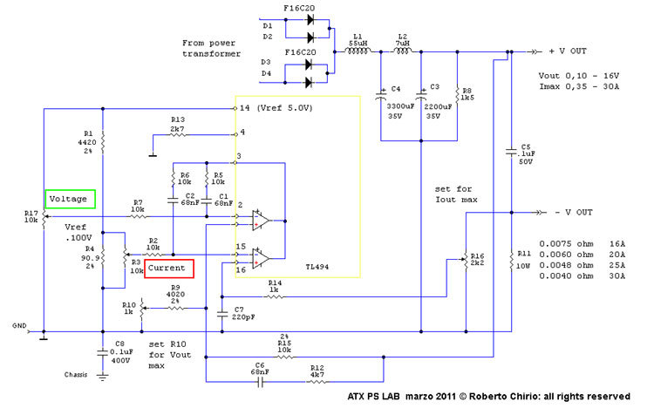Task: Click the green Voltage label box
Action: click(x=69, y=199)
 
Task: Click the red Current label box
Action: click(x=167, y=269)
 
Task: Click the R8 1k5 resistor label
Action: click(x=467, y=95)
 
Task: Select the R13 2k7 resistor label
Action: click(x=178, y=124)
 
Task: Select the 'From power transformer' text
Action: click(x=213, y=47)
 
